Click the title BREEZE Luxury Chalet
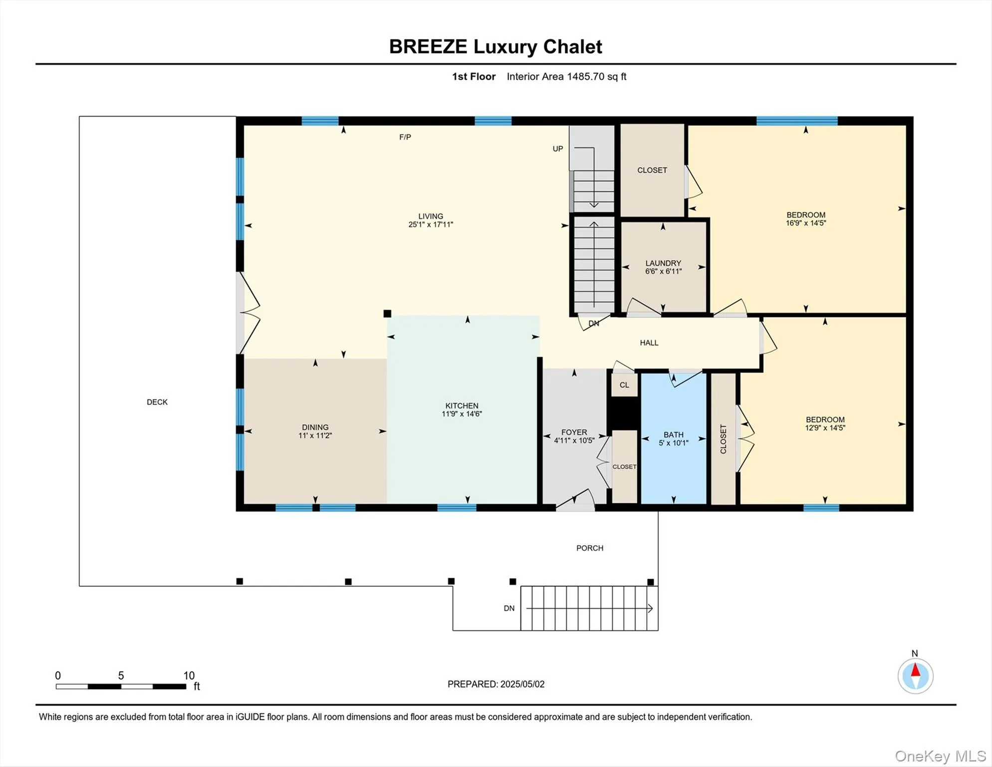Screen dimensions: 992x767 496,46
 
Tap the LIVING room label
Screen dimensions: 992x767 431,216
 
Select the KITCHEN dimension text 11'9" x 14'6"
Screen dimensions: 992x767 462,414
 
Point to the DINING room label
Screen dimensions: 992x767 315,427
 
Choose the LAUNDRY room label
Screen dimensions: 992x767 663,263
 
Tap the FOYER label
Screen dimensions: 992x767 574,432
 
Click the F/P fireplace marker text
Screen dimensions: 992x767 405,137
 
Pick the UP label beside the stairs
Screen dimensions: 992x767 558,149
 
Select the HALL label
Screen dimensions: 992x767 649,343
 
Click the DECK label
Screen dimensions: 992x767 157,402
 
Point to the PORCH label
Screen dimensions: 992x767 590,548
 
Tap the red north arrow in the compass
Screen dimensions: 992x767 916,670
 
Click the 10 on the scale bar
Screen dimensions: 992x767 189,676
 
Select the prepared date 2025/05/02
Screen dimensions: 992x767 522,684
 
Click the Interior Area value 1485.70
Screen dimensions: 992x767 585,76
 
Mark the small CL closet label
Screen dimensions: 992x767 624,385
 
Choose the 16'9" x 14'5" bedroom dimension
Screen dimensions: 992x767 806,223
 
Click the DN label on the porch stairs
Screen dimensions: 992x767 509,608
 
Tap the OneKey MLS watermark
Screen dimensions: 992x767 940,757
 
